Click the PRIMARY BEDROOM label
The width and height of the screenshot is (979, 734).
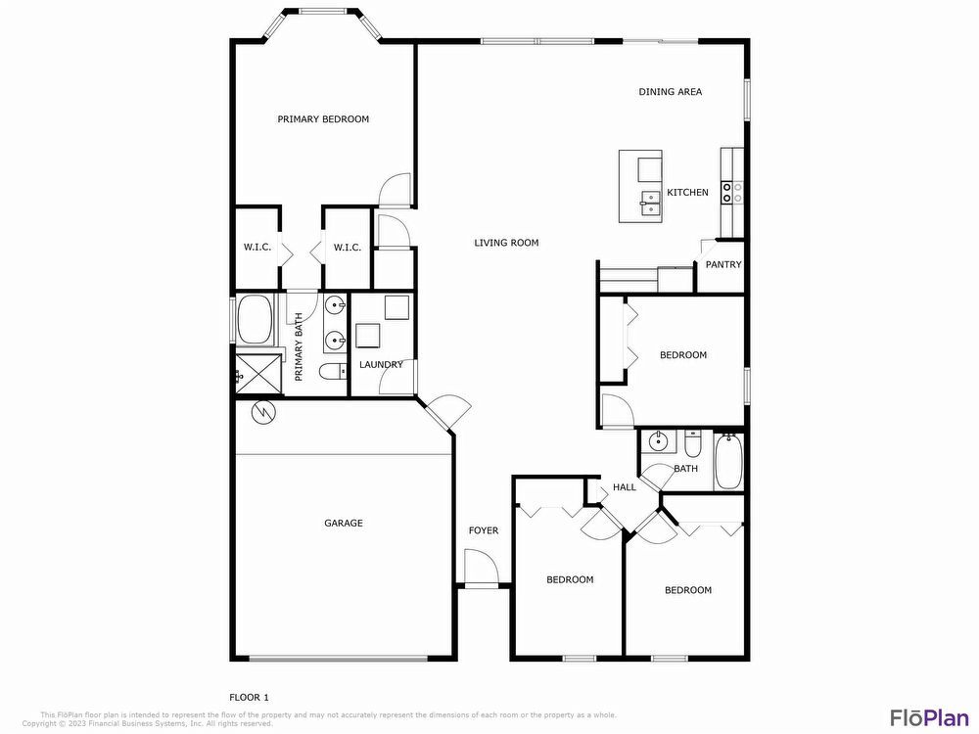click(x=323, y=119)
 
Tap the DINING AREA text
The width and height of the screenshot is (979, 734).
click(x=671, y=92)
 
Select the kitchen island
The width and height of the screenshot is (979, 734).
click(x=640, y=186)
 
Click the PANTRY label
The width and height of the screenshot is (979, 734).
click(x=723, y=264)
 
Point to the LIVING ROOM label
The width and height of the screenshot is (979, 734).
click(x=506, y=243)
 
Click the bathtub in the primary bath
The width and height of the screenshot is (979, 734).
click(x=256, y=320)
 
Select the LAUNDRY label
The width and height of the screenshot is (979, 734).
click(x=381, y=365)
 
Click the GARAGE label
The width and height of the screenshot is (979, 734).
click(x=344, y=524)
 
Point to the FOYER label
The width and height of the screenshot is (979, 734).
click(x=483, y=530)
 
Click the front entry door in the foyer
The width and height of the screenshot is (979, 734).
click(x=479, y=568)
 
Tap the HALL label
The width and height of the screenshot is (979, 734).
click(x=624, y=487)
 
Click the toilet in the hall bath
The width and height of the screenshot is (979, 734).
click(x=692, y=445)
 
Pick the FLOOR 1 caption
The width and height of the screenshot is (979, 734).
click(x=249, y=697)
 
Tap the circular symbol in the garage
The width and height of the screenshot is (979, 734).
click(x=262, y=413)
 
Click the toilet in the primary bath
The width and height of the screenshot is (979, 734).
click(x=332, y=371)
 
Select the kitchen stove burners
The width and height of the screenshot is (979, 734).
click(x=732, y=192)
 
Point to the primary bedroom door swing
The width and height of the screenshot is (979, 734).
click(x=396, y=189)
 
